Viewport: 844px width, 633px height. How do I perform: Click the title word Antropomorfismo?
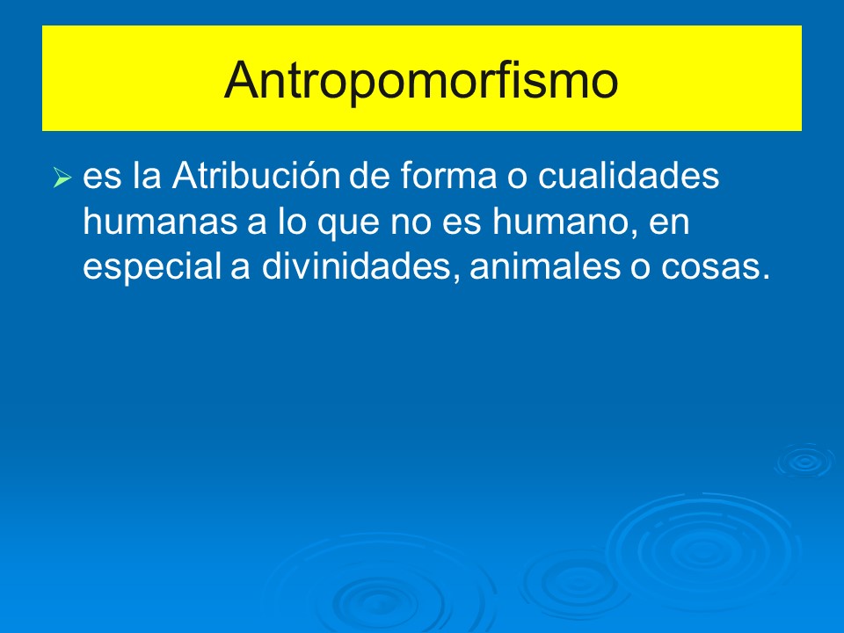pos(421,80)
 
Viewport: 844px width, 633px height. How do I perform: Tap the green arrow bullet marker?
pos(61,179)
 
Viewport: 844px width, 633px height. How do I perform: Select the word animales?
pos(543,268)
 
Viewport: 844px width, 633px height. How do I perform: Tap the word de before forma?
pos(367,177)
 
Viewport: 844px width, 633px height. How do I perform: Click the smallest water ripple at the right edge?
pos(804,461)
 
